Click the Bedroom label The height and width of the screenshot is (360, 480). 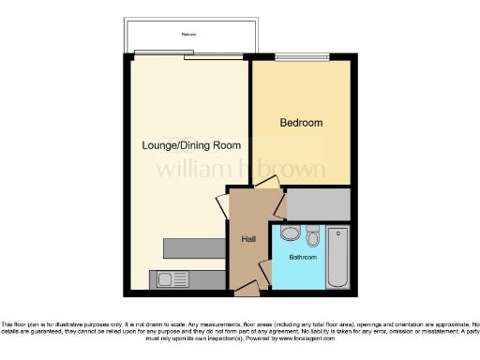pos(301,123)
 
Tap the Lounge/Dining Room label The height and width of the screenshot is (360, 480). pos(191,145)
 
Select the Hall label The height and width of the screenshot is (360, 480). pos(248,239)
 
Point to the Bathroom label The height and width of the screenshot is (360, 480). pos(303,256)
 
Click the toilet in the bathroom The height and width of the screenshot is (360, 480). pos(312,235)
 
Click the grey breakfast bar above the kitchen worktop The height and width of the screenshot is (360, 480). pos(195,247)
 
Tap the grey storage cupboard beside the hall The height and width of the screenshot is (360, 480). pos(318,203)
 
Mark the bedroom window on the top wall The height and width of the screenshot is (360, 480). pos(301,55)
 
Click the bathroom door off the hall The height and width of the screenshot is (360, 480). pos(266,272)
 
